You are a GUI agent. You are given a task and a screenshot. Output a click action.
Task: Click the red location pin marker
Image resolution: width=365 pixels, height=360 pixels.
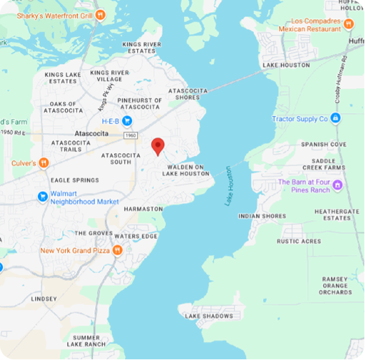coord(158,145)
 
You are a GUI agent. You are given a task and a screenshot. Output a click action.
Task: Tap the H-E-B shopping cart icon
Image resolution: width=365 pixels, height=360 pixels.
coord(127,121)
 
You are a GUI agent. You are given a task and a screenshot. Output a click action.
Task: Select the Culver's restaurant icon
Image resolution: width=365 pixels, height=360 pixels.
coord(43,163)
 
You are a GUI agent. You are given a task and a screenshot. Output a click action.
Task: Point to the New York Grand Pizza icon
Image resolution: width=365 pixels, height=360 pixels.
coord(117,250)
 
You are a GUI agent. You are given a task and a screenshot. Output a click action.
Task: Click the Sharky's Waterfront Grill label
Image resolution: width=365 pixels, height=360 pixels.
coord(48,13)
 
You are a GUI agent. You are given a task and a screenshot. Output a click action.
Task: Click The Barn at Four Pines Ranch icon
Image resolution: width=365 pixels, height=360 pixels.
coord(337,185)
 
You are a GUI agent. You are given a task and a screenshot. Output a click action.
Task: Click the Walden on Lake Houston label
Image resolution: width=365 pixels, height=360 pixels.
coord(186,170)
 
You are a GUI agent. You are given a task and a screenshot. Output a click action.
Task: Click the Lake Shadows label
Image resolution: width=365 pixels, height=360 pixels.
coord(208,316)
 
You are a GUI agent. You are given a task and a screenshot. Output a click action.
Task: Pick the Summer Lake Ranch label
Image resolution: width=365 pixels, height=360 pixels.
coord(86,340)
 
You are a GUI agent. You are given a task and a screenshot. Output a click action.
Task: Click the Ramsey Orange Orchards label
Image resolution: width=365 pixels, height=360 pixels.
coord(336,285)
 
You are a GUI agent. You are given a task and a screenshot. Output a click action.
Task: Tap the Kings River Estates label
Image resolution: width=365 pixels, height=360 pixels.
coord(143,47)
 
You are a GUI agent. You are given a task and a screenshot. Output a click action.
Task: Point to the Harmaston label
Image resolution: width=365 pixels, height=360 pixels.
coord(143,208)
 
